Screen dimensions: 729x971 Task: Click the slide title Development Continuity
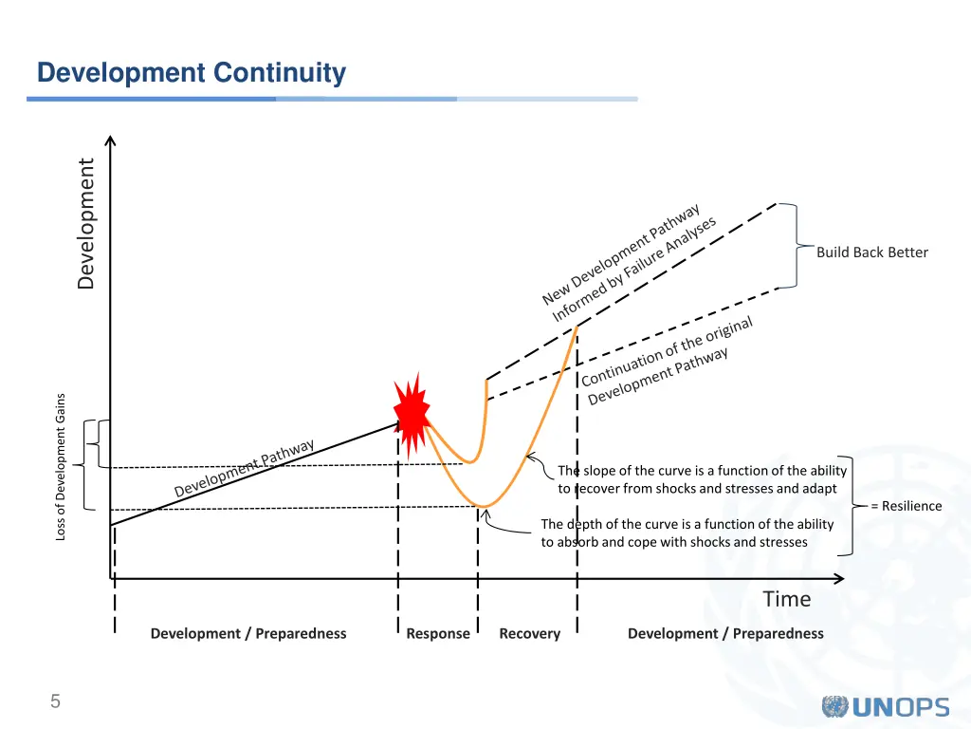point(191,73)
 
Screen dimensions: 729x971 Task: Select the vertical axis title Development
point(86,223)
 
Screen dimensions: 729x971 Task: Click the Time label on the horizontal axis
point(787,599)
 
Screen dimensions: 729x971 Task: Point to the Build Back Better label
point(871,252)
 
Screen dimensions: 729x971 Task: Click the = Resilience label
point(906,506)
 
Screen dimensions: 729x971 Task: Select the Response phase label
point(437,633)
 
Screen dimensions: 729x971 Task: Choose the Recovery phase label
point(529,633)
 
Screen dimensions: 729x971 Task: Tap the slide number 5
point(55,702)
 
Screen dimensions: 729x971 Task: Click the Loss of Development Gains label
point(61,466)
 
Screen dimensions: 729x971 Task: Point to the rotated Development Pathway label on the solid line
point(245,468)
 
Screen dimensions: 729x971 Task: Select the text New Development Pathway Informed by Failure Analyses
point(629,263)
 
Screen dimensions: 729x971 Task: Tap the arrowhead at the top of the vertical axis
point(111,141)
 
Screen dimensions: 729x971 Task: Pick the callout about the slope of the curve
point(702,479)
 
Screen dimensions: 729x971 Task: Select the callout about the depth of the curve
point(687,533)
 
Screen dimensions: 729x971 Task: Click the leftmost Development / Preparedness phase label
point(248,633)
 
